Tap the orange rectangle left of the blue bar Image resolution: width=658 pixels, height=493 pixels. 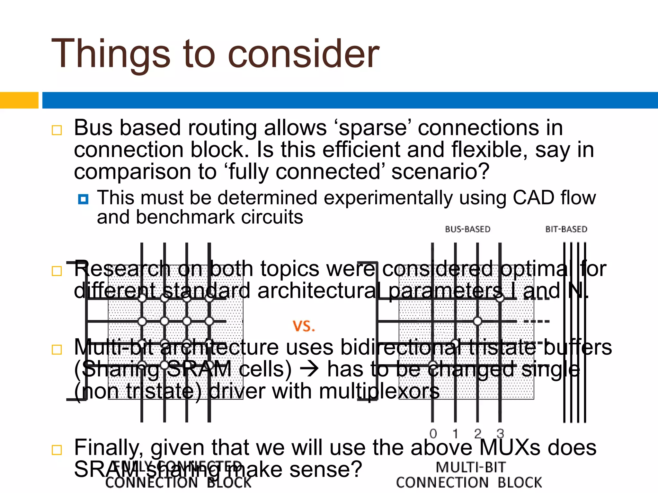[19, 100]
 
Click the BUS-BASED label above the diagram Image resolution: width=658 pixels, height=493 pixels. [467, 229]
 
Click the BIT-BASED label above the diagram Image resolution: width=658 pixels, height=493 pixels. [566, 229]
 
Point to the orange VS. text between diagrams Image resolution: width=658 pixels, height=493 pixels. [304, 326]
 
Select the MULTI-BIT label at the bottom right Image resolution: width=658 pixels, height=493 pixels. [471, 467]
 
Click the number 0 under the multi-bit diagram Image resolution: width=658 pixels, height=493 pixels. [433, 434]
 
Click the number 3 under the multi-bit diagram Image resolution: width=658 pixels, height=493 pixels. [500, 434]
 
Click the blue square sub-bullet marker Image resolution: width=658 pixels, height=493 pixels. [83, 199]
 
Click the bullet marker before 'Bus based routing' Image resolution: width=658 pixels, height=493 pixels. [57, 130]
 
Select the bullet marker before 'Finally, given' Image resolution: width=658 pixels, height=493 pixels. [57, 450]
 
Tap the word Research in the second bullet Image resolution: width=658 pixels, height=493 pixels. [122, 269]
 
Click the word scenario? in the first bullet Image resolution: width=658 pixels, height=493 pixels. [440, 172]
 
